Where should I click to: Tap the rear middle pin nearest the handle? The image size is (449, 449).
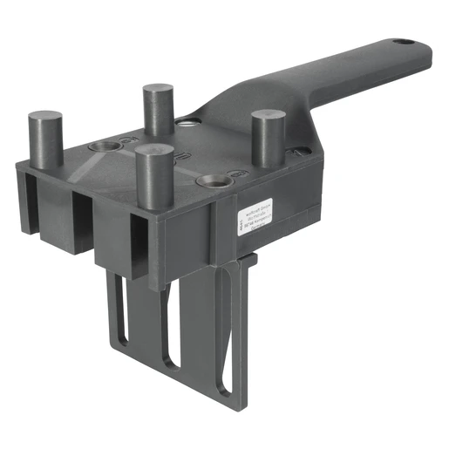click(x=159, y=109)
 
